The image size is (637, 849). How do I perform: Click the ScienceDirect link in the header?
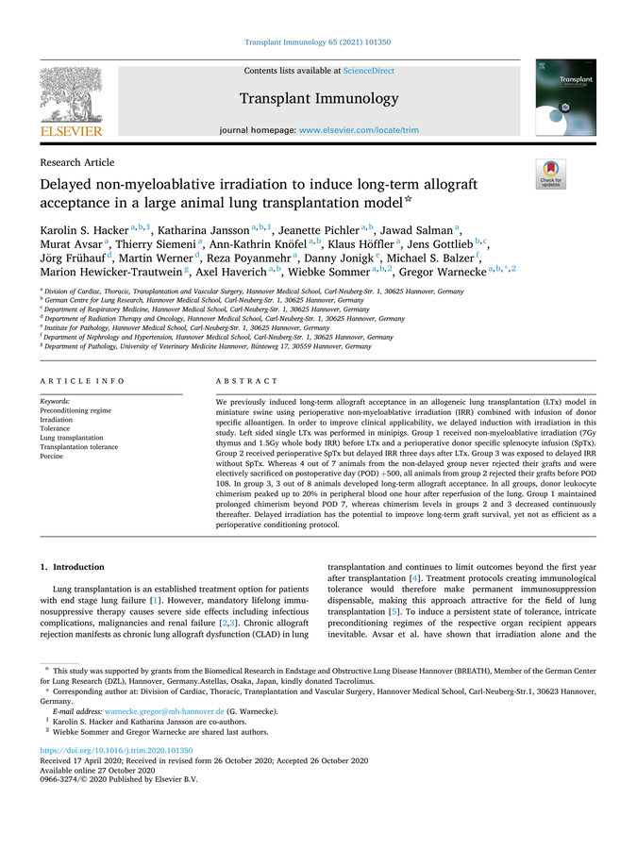tap(369, 71)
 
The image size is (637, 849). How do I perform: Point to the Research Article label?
tap(76, 162)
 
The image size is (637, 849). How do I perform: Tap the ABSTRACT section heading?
tap(248, 381)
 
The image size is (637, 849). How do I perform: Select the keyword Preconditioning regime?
tap(76, 410)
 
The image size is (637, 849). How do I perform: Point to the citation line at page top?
tap(317, 42)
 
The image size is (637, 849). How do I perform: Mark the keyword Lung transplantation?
tap(71, 438)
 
